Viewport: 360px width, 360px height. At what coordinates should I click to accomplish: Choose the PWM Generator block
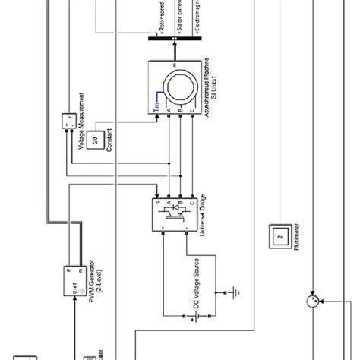click(76, 281)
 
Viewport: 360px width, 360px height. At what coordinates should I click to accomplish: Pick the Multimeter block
click(280, 237)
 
